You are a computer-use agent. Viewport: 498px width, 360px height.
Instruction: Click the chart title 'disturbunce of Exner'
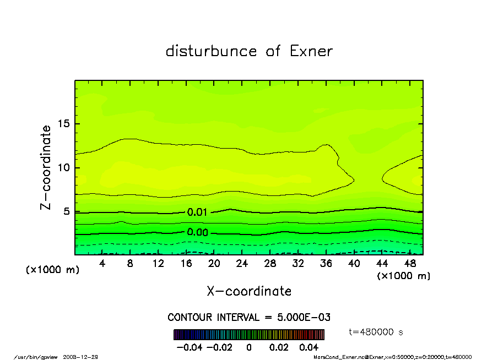point(249,52)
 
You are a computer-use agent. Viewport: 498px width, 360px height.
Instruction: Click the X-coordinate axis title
point(249,291)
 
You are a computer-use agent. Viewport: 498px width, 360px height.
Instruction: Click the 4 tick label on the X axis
point(102,264)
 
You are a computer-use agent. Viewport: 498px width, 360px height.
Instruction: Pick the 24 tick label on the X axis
point(242,264)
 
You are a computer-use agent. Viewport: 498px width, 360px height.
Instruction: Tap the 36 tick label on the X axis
point(326,264)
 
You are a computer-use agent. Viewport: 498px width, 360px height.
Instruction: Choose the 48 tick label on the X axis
point(410,264)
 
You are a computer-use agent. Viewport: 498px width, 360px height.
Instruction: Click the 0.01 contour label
point(197,212)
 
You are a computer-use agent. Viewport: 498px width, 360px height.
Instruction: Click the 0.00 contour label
point(197,233)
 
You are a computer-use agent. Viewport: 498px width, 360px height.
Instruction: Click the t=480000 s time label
point(377,332)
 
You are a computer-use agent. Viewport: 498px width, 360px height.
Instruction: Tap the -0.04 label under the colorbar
point(186,348)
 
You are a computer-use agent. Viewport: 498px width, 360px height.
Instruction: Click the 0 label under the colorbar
point(249,348)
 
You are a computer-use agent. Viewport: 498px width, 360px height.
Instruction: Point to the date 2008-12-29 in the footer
point(85,357)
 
